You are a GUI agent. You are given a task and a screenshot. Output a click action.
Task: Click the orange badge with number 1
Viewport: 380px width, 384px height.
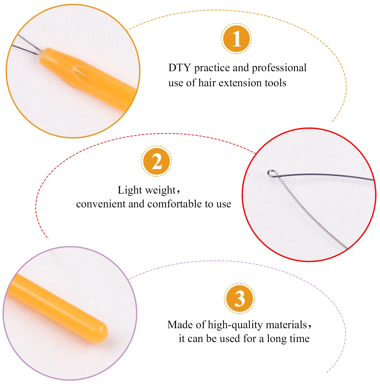(x=236, y=39)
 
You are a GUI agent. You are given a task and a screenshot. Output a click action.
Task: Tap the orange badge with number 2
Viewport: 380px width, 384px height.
(x=156, y=161)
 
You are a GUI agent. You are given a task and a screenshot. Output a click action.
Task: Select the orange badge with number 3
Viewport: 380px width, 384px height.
(x=239, y=298)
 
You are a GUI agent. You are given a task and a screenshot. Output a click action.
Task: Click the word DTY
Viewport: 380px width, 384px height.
(x=179, y=68)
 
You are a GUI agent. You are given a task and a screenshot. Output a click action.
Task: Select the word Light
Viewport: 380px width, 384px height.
(x=130, y=190)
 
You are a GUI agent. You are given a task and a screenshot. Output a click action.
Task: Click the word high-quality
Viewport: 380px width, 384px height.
(x=235, y=325)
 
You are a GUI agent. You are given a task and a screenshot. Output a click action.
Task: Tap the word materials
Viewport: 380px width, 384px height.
(x=286, y=325)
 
